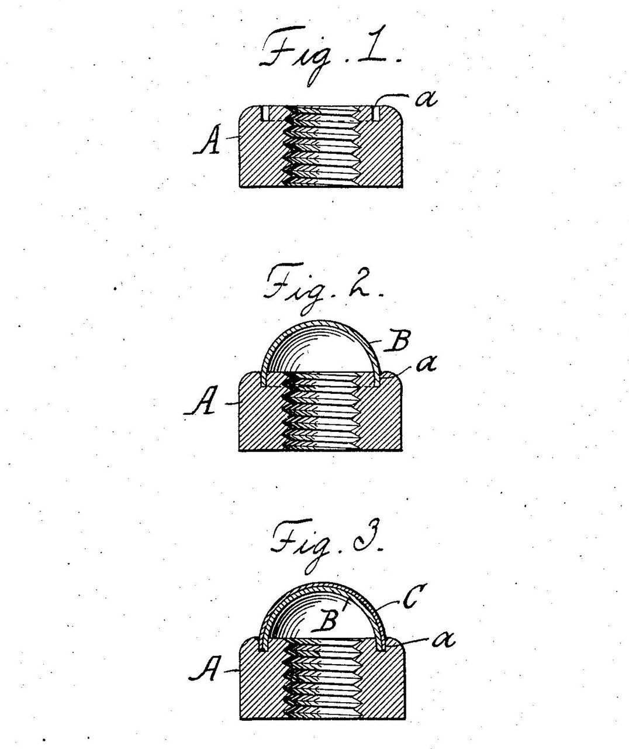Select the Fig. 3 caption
coord(327,545)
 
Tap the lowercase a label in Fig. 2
coord(427,363)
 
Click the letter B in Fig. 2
coord(396,341)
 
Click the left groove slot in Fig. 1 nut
coord(265,114)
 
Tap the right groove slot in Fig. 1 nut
coord(376,114)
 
